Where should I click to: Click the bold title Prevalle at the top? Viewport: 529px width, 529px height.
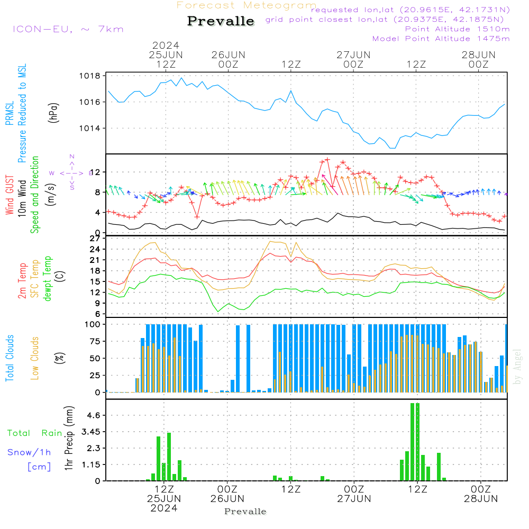pos(221,21)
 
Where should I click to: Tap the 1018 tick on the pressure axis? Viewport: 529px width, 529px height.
pos(90,76)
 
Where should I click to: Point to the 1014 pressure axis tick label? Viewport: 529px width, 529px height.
pos(90,128)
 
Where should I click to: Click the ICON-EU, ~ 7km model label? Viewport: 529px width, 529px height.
pos(68,29)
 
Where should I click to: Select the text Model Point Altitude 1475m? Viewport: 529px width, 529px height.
pos(441,39)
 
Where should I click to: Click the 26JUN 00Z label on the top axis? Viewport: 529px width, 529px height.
pos(229,59)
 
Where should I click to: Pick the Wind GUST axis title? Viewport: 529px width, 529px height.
pos(10,195)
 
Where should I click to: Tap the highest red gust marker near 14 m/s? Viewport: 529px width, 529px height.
pos(327,160)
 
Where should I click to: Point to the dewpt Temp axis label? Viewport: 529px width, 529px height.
pos(47,278)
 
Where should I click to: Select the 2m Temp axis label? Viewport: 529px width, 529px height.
pos(22,281)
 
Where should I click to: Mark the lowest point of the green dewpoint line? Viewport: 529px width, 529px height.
pos(218,312)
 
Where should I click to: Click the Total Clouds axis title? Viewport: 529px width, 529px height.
pos(10,358)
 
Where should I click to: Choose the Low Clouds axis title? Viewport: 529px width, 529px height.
pos(34,358)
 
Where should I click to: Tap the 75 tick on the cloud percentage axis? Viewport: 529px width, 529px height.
pos(95,341)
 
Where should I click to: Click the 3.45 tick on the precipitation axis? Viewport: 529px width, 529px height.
pos(91,432)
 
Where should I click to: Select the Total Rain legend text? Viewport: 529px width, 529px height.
pos(35,433)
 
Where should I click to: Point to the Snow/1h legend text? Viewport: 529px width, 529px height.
pos(29,452)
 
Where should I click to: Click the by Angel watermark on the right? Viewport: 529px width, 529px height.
pos(517,367)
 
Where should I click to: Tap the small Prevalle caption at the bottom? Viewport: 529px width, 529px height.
pos(245,512)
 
